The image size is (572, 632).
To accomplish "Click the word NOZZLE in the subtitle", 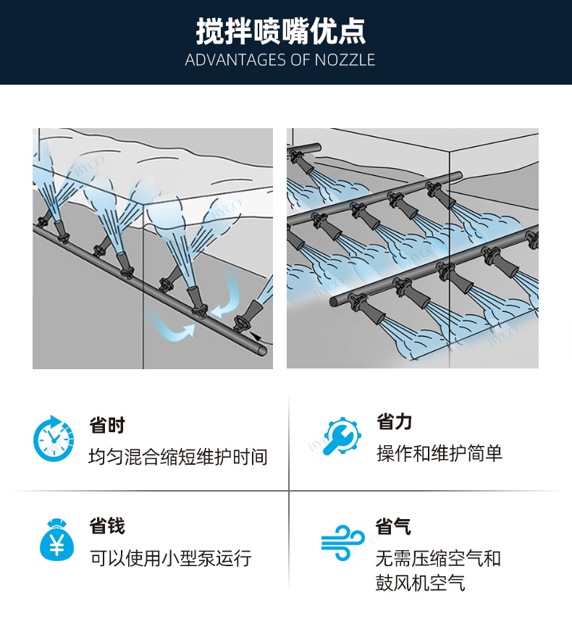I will (345, 60).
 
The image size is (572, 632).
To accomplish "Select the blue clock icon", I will (53, 439).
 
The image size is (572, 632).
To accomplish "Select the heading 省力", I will (394, 421).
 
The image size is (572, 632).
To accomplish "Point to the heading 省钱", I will (107, 526).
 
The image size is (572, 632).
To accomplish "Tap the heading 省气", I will (394, 526).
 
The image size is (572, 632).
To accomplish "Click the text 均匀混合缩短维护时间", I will (178, 458).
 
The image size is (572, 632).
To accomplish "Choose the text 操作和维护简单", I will (439, 454).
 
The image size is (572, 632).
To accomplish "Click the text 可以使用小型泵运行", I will (170, 559).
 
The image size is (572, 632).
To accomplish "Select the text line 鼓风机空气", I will (420, 583).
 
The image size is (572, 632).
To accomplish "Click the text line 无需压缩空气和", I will (438, 559).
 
